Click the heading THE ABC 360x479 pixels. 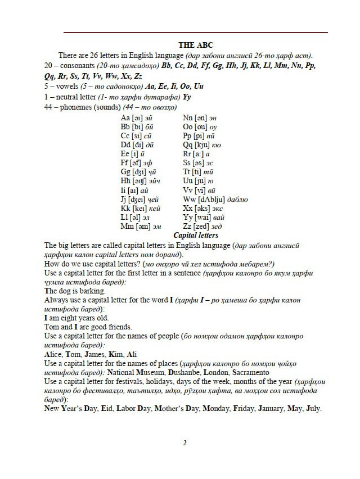tap(195, 45)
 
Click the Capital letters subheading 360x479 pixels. tap(196, 236)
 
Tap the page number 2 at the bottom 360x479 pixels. tap(184, 443)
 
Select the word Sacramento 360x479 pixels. tap(247, 372)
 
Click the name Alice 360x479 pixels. tap(53, 354)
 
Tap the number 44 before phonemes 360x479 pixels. tap(48, 107)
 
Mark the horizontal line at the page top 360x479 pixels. tap(195, 33)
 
